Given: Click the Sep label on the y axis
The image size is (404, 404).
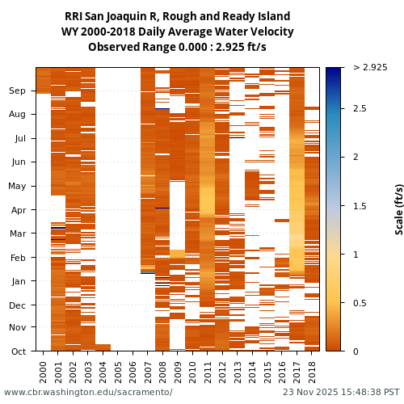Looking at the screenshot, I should click(x=18, y=91).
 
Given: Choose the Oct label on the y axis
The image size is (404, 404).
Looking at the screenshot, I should click(x=18, y=351).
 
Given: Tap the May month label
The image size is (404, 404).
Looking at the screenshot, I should click(x=17, y=187).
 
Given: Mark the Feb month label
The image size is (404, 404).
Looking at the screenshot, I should click(x=18, y=258).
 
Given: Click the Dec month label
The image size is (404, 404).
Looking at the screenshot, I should click(x=18, y=305).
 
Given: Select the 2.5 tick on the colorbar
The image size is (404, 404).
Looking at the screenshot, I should click(x=360, y=109).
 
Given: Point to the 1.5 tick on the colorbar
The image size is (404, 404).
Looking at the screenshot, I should click(x=360, y=206).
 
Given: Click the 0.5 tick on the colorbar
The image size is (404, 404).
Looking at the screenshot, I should click(x=360, y=303).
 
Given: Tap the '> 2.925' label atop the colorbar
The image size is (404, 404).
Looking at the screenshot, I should click(x=370, y=68).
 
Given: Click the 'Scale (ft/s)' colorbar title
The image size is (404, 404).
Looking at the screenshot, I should click(x=399, y=209).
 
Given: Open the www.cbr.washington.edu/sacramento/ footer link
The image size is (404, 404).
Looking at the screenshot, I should click(x=88, y=393).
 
